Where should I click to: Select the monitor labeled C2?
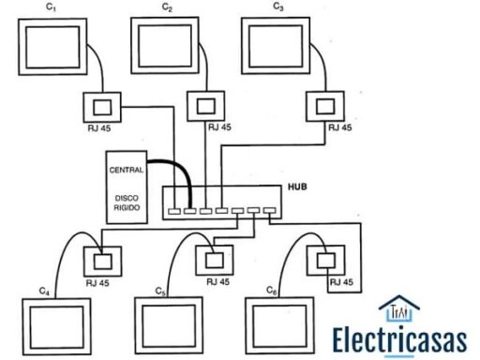click(x=168, y=42)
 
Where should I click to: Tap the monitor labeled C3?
click(x=278, y=42)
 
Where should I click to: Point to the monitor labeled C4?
click(x=54, y=324)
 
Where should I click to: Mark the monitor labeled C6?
click(x=278, y=324)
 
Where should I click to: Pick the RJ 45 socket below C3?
click(x=324, y=104)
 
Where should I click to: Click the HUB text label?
click(x=298, y=188)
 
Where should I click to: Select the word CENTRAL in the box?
click(x=127, y=171)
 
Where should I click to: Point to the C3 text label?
click(x=278, y=7)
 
